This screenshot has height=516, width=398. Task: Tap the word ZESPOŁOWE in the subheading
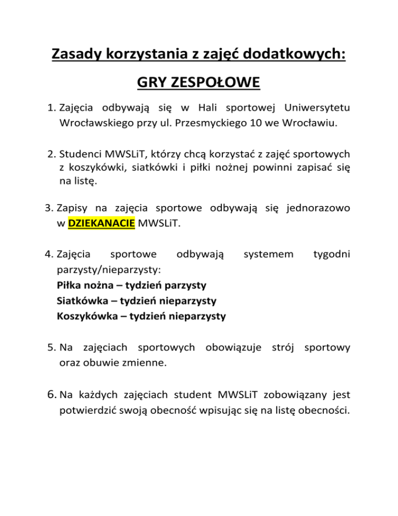pos(217,83)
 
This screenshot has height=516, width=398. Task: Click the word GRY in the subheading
pos(150,83)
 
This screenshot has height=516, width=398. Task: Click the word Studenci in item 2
pos(79,154)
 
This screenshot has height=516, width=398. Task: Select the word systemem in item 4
pos(268,255)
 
